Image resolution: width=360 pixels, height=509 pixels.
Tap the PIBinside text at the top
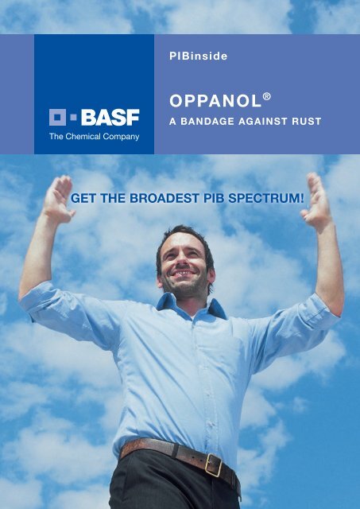pos(193,56)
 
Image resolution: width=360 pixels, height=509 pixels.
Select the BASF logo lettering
pos(111,118)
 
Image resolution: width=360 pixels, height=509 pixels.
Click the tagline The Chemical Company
pos(95,136)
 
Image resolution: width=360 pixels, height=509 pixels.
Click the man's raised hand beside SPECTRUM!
pos(319,204)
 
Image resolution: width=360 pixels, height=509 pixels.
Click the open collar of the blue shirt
pos(190,310)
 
